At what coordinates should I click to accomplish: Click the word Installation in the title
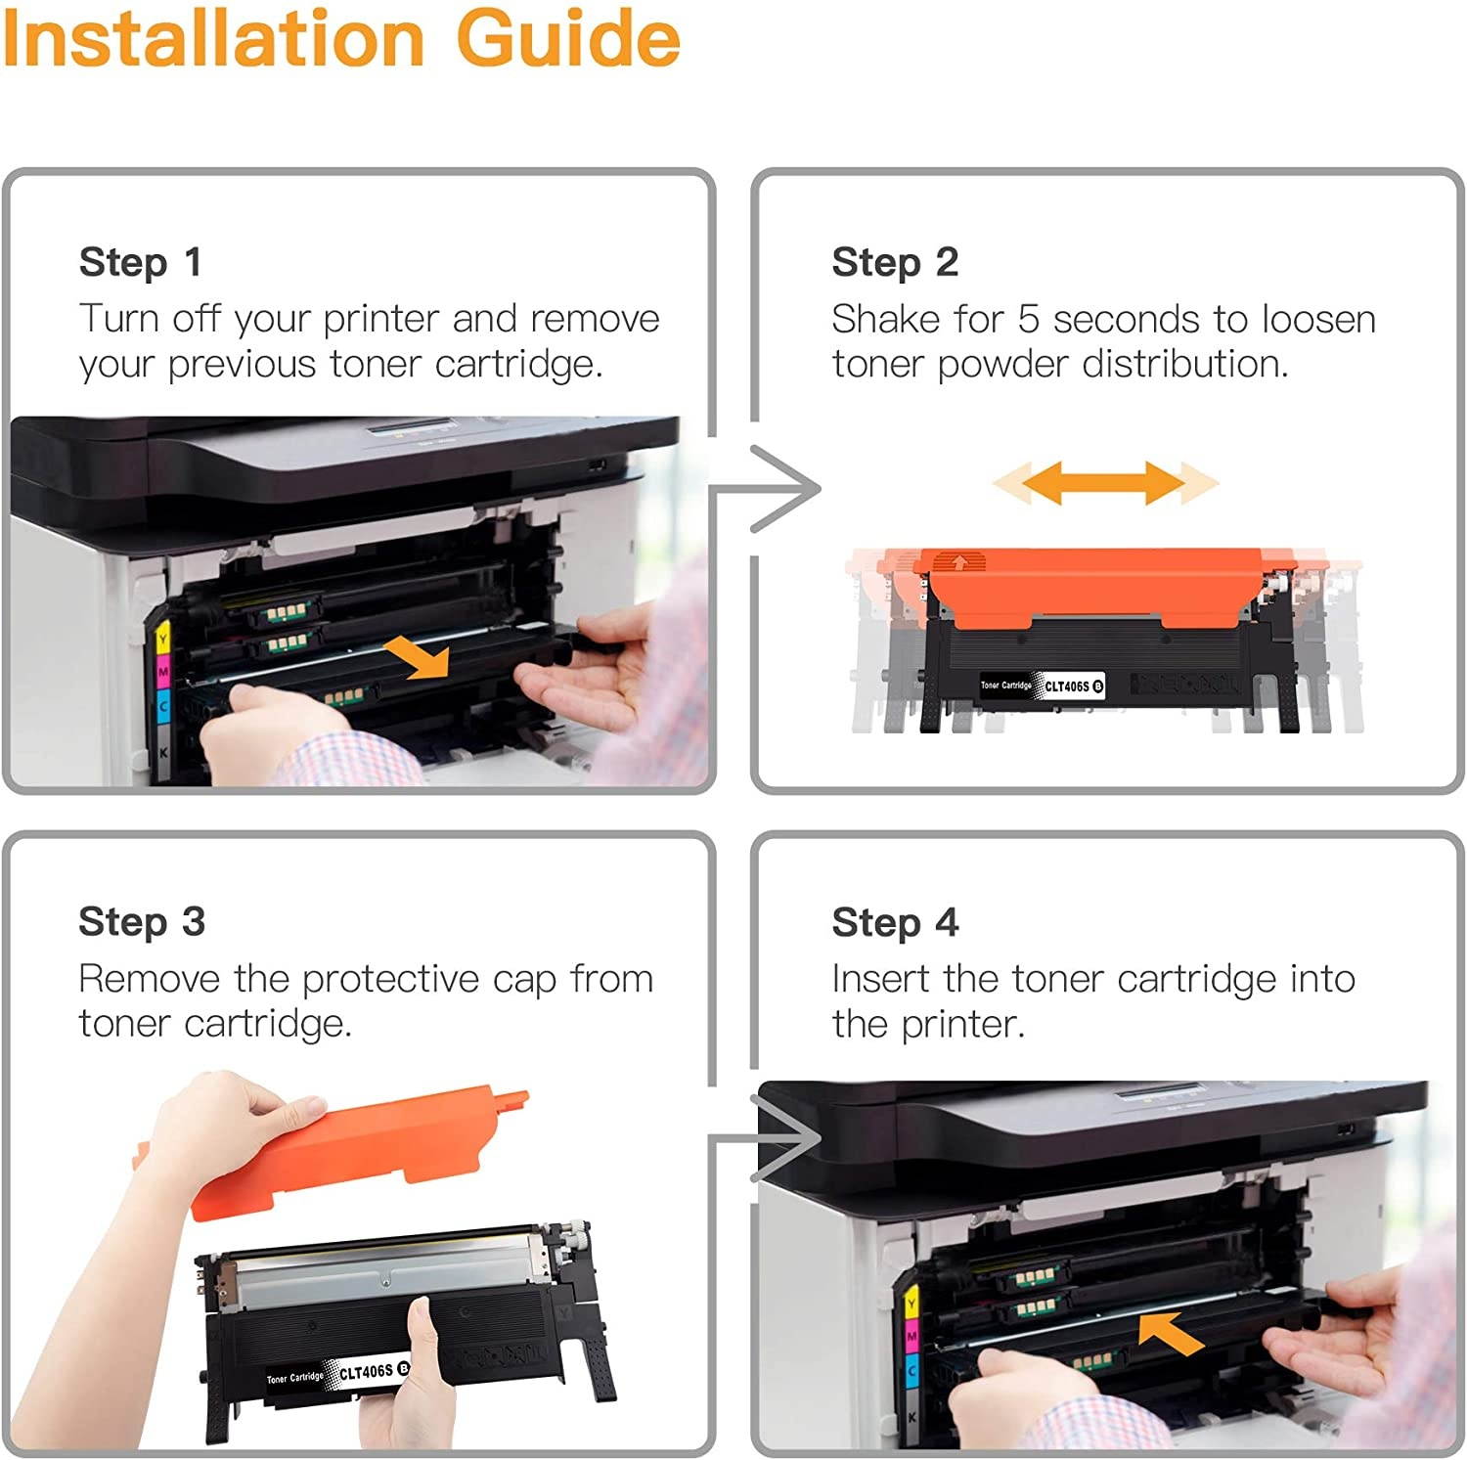(x=213, y=39)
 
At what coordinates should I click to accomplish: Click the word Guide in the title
(x=568, y=39)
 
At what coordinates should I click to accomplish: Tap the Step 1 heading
(x=140, y=262)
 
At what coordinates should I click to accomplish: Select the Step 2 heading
(x=894, y=262)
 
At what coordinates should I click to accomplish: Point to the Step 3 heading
(x=142, y=922)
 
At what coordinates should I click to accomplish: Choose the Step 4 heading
(x=894, y=922)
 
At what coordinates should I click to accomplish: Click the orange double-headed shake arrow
(x=1104, y=483)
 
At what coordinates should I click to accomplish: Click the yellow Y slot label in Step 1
(x=163, y=642)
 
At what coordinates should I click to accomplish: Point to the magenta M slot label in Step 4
(x=911, y=1336)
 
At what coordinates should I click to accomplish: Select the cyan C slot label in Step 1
(x=163, y=706)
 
